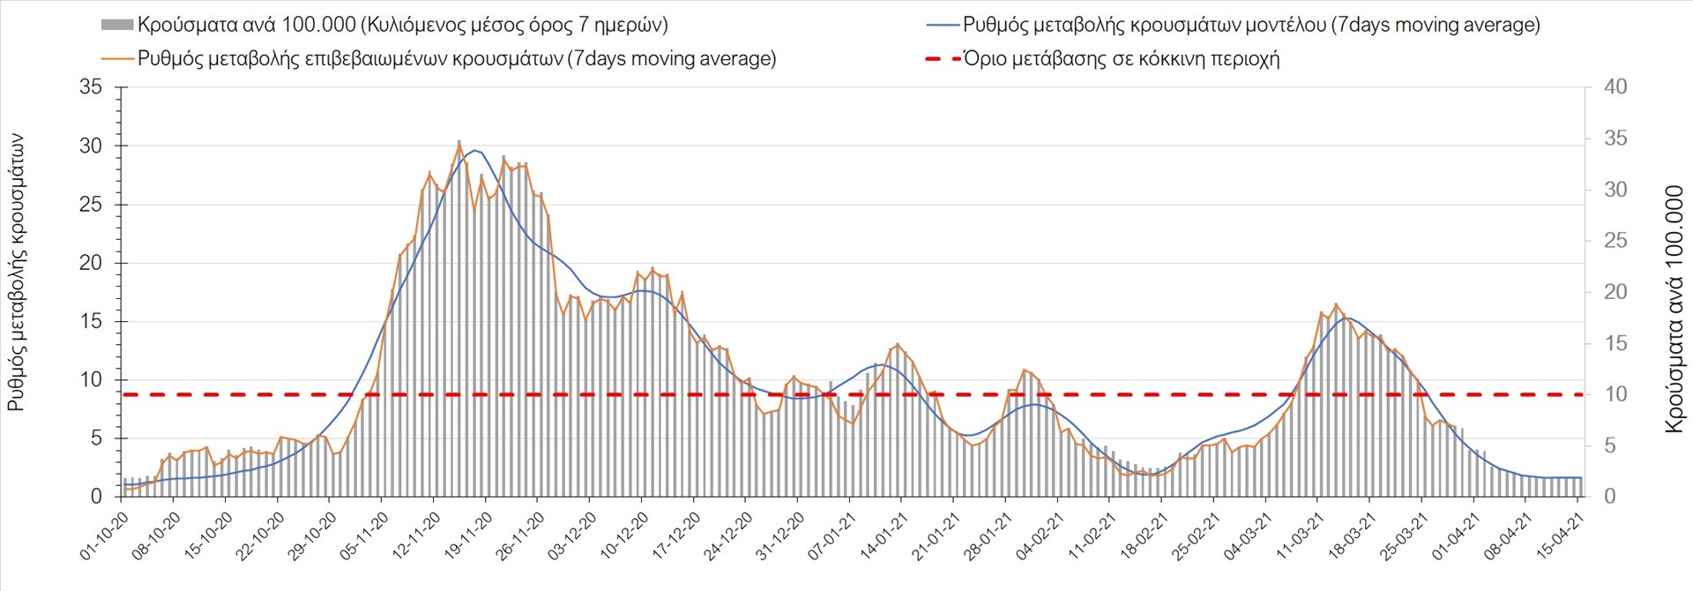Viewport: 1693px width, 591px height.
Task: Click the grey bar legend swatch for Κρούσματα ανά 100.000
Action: (x=117, y=25)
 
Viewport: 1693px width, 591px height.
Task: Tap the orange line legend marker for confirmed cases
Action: (x=118, y=59)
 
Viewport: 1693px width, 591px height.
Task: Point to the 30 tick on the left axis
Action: (x=91, y=146)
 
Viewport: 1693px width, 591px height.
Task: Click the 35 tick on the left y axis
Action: (x=91, y=87)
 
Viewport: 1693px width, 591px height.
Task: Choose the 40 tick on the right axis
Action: (x=1615, y=87)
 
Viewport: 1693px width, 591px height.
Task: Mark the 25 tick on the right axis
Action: (x=1615, y=241)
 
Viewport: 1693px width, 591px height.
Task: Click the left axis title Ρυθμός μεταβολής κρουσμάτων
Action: (x=17, y=273)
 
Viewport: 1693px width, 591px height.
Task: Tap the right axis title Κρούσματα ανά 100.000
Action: (x=1674, y=310)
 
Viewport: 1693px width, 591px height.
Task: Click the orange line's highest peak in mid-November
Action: (x=459, y=141)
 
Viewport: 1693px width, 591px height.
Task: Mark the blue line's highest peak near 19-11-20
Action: (x=475, y=150)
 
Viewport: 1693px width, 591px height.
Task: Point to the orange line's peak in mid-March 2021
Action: (x=1336, y=304)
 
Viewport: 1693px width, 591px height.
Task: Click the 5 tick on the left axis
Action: (x=96, y=438)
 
